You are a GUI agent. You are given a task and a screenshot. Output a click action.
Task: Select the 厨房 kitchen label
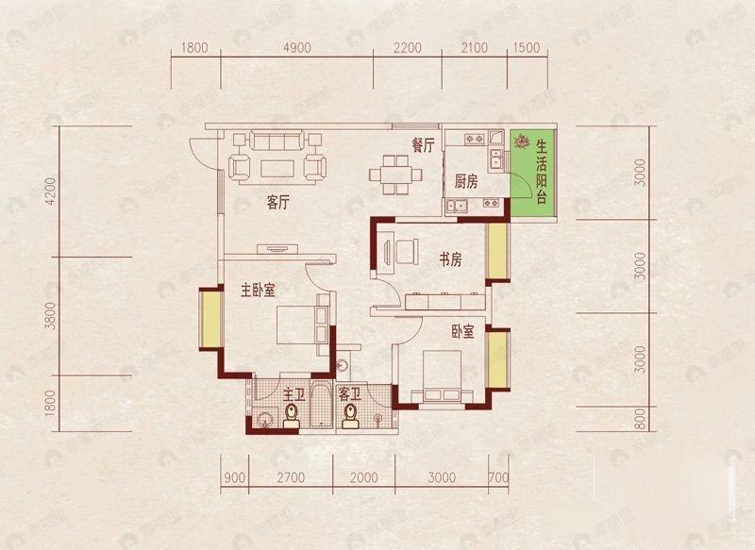coord(466,181)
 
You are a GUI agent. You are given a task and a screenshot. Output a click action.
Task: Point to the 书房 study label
coord(448,259)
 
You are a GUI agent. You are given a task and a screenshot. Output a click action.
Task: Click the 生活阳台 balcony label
coord(543,172)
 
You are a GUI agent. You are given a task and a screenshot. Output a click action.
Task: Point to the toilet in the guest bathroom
coord(351,415)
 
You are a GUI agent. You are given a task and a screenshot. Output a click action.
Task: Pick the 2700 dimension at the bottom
coord(293,476)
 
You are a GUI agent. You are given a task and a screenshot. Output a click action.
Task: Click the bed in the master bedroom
coord(296,327)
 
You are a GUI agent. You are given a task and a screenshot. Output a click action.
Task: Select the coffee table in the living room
coord(276,168)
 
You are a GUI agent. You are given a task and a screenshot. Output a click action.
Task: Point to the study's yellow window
coord(496,251)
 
